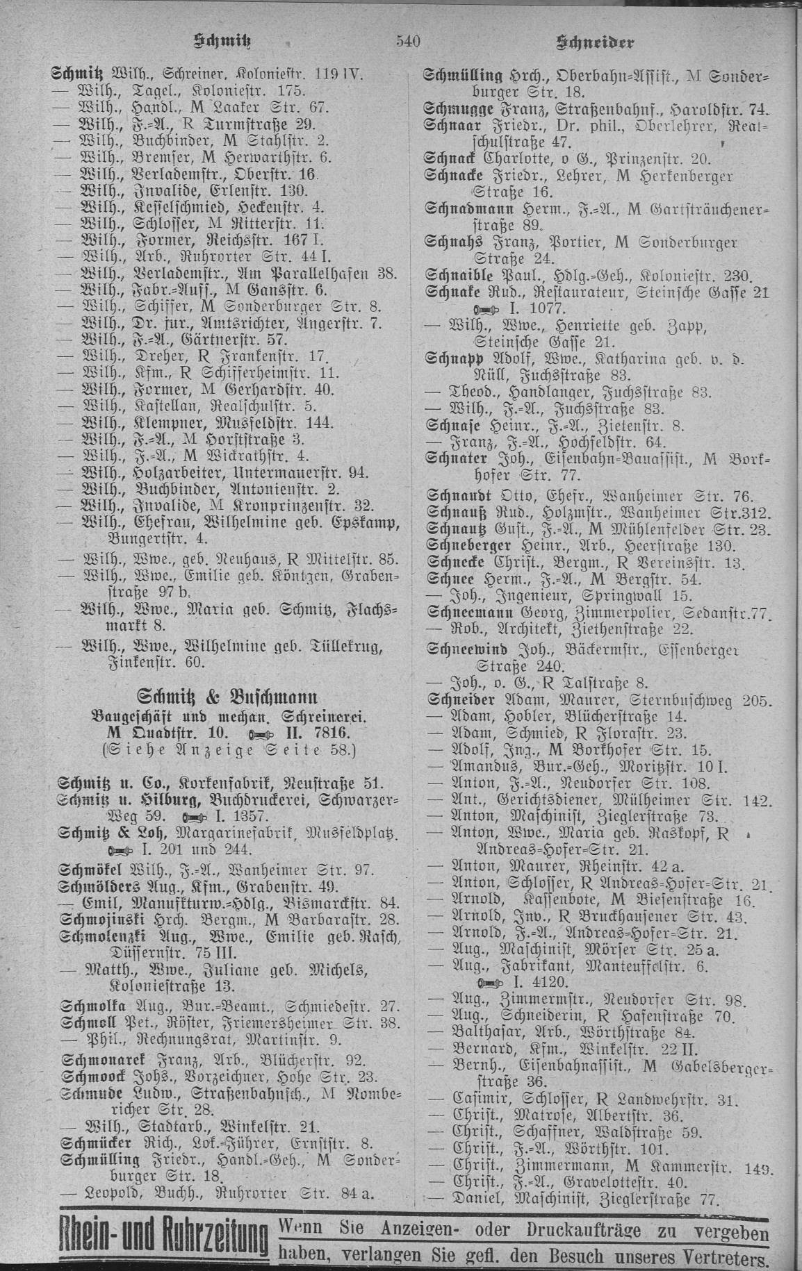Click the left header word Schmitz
click(228, 43)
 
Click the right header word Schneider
click(596, 44)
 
